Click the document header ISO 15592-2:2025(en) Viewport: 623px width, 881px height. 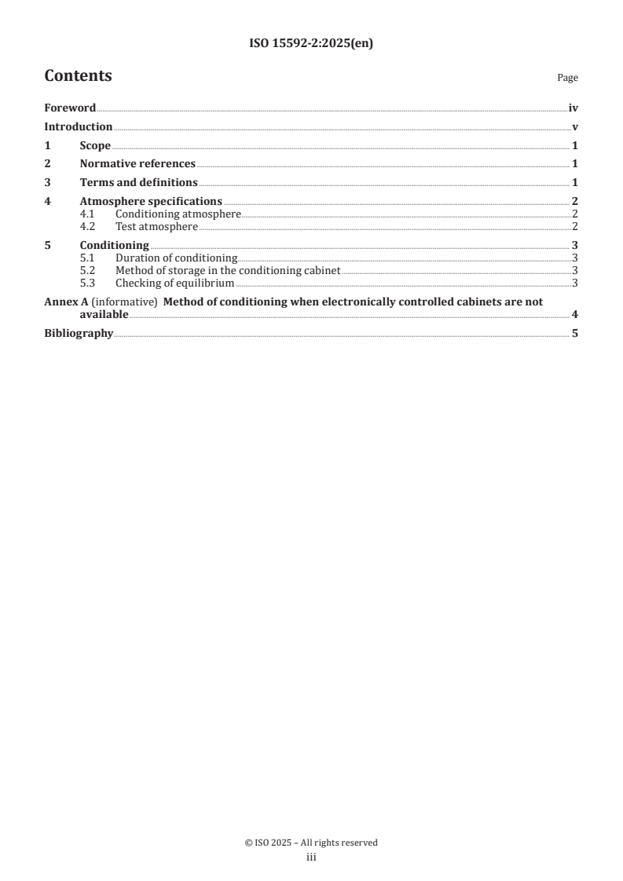click(x=311, y=44)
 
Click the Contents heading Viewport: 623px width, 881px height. click(x=78, y=76)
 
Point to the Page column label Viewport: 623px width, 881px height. click(x=567, y=78)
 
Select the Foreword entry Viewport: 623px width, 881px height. click(x=70, y=108)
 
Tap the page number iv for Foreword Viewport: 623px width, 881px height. click(x=573, y=108)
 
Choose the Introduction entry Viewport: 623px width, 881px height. click(x=78, y=127)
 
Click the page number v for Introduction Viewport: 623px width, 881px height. click(x=575, y=127)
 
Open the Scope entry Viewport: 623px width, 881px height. click(x=95, y=145)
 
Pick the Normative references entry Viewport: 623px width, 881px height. click(x=137, y=164)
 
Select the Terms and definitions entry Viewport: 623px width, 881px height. click(x=138, y=182)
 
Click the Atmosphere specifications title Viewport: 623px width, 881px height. click(x=151, y=201)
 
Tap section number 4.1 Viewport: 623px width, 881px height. click(x=89, y=214)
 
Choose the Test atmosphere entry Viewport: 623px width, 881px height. click(x=156, y=227)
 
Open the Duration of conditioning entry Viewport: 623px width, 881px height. click(x=176, y=258)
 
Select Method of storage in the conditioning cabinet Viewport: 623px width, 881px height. click(x=227, y=270)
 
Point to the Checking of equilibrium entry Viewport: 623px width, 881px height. click(x=174, y=283)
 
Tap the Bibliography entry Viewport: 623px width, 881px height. click(x=79, y=333)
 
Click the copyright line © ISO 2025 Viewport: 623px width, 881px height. click(x=311, y=843)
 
